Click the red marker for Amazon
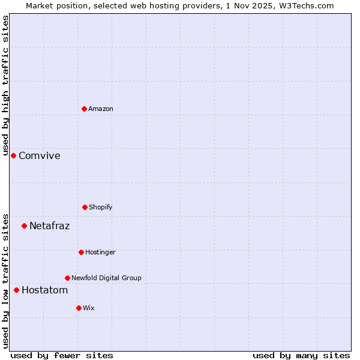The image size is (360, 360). [84, 109]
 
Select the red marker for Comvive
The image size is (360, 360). [13, 155]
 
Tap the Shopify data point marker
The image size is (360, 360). [85, 207]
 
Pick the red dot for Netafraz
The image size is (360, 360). [24, 226]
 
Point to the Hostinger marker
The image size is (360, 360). [81, 252]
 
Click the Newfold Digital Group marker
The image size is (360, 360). [67, 278]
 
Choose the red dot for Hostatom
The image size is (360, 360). [16, 290]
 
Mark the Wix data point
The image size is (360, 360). [79, 308]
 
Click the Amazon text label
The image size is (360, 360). [101, 109]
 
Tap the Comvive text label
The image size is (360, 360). [40, 156]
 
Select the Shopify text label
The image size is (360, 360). [101, 207]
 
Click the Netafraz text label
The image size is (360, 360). [49, 226]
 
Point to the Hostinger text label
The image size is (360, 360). [100, 252]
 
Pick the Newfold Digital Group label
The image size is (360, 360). [106, 278]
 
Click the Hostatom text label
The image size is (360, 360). [44, 290]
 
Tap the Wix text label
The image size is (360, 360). [89, 308]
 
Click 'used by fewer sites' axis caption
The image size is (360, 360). [62, 355]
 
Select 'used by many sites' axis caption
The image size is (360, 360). [301, 355]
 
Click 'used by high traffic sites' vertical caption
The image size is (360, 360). [5, 85]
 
